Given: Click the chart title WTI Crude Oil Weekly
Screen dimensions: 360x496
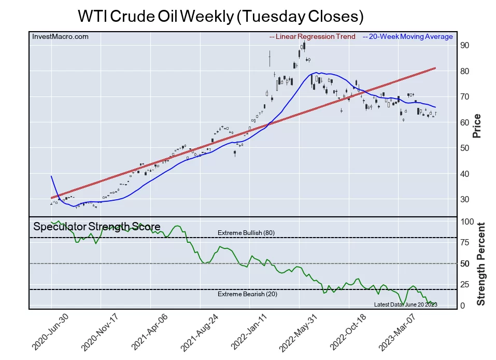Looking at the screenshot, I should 220,16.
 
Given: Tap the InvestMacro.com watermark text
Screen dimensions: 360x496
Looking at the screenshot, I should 60,37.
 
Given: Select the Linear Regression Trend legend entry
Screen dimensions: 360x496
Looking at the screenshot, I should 313,37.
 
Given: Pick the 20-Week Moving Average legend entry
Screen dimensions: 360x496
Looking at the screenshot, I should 407,37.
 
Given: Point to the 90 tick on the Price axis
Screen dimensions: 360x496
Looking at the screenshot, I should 465,46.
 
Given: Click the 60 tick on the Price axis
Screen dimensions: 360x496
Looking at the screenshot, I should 465,122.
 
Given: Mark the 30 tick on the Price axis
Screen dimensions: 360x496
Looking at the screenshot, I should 465,200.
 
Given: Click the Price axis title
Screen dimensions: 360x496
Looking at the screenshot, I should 477,126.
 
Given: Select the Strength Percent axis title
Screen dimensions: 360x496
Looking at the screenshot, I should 481,264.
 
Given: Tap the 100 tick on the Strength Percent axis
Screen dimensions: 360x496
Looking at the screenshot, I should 467,221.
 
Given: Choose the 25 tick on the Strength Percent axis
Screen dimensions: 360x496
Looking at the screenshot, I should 465,285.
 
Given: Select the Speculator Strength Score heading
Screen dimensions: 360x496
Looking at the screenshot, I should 96,227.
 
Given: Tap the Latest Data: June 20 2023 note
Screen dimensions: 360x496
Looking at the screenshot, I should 405,304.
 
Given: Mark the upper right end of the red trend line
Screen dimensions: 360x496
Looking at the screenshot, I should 435,68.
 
